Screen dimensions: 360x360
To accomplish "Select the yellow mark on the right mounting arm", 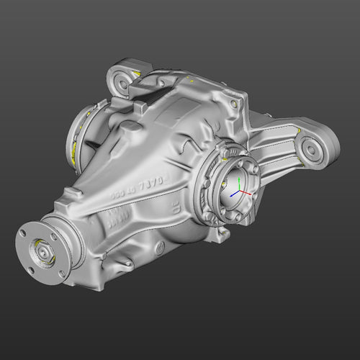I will click(297, 130).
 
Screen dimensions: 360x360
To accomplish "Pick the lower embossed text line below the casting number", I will click(120, 224).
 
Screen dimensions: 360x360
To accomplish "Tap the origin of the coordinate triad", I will click(236, 193).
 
